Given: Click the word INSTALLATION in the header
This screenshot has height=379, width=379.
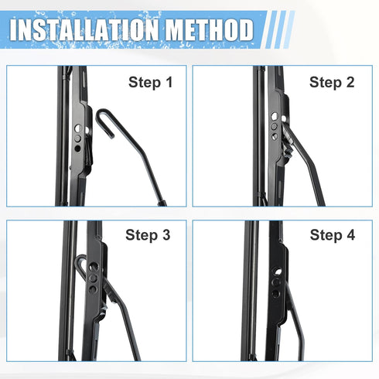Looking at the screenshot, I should [x=80, y=30].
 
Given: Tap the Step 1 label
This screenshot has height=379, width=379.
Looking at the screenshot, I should [x=151, y=82].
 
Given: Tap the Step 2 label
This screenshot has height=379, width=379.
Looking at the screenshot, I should [x=332, y=82].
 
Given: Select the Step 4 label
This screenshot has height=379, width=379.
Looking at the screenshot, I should [x=332, y=235].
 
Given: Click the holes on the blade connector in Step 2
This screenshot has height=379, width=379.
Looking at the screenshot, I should [x=274, y=124].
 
